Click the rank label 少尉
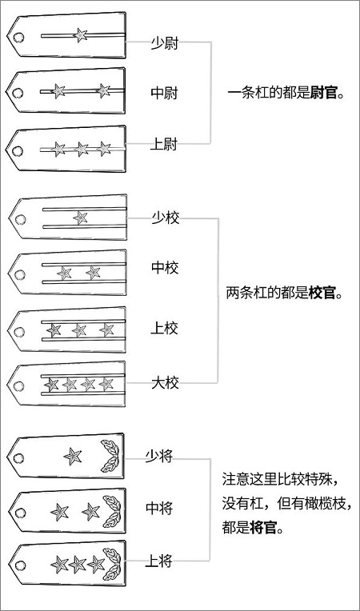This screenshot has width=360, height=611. [165, 44]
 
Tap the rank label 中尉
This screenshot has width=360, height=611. [165, 94]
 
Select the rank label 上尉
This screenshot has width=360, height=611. [164, 145]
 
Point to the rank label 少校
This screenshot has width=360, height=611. [166, 218]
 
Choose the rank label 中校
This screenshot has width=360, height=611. [165, 268]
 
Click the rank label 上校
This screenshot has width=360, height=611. [165, 329]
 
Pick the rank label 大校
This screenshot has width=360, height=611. [165, 383]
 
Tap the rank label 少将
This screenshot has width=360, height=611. [159, 456]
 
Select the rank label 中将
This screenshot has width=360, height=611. [159, 508]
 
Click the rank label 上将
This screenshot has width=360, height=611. [158, 561]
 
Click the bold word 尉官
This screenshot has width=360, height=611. [324, 94]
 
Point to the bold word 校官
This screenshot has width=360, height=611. [322, 293]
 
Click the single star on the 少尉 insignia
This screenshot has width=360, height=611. [81, 35]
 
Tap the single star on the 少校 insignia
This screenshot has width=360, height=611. [80, 218]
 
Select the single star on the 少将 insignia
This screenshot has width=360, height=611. [73, 456]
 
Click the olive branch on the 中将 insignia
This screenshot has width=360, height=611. [112, 511]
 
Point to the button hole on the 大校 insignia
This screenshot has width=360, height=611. [18, 386]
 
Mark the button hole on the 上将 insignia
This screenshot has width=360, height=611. [20, 565]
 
